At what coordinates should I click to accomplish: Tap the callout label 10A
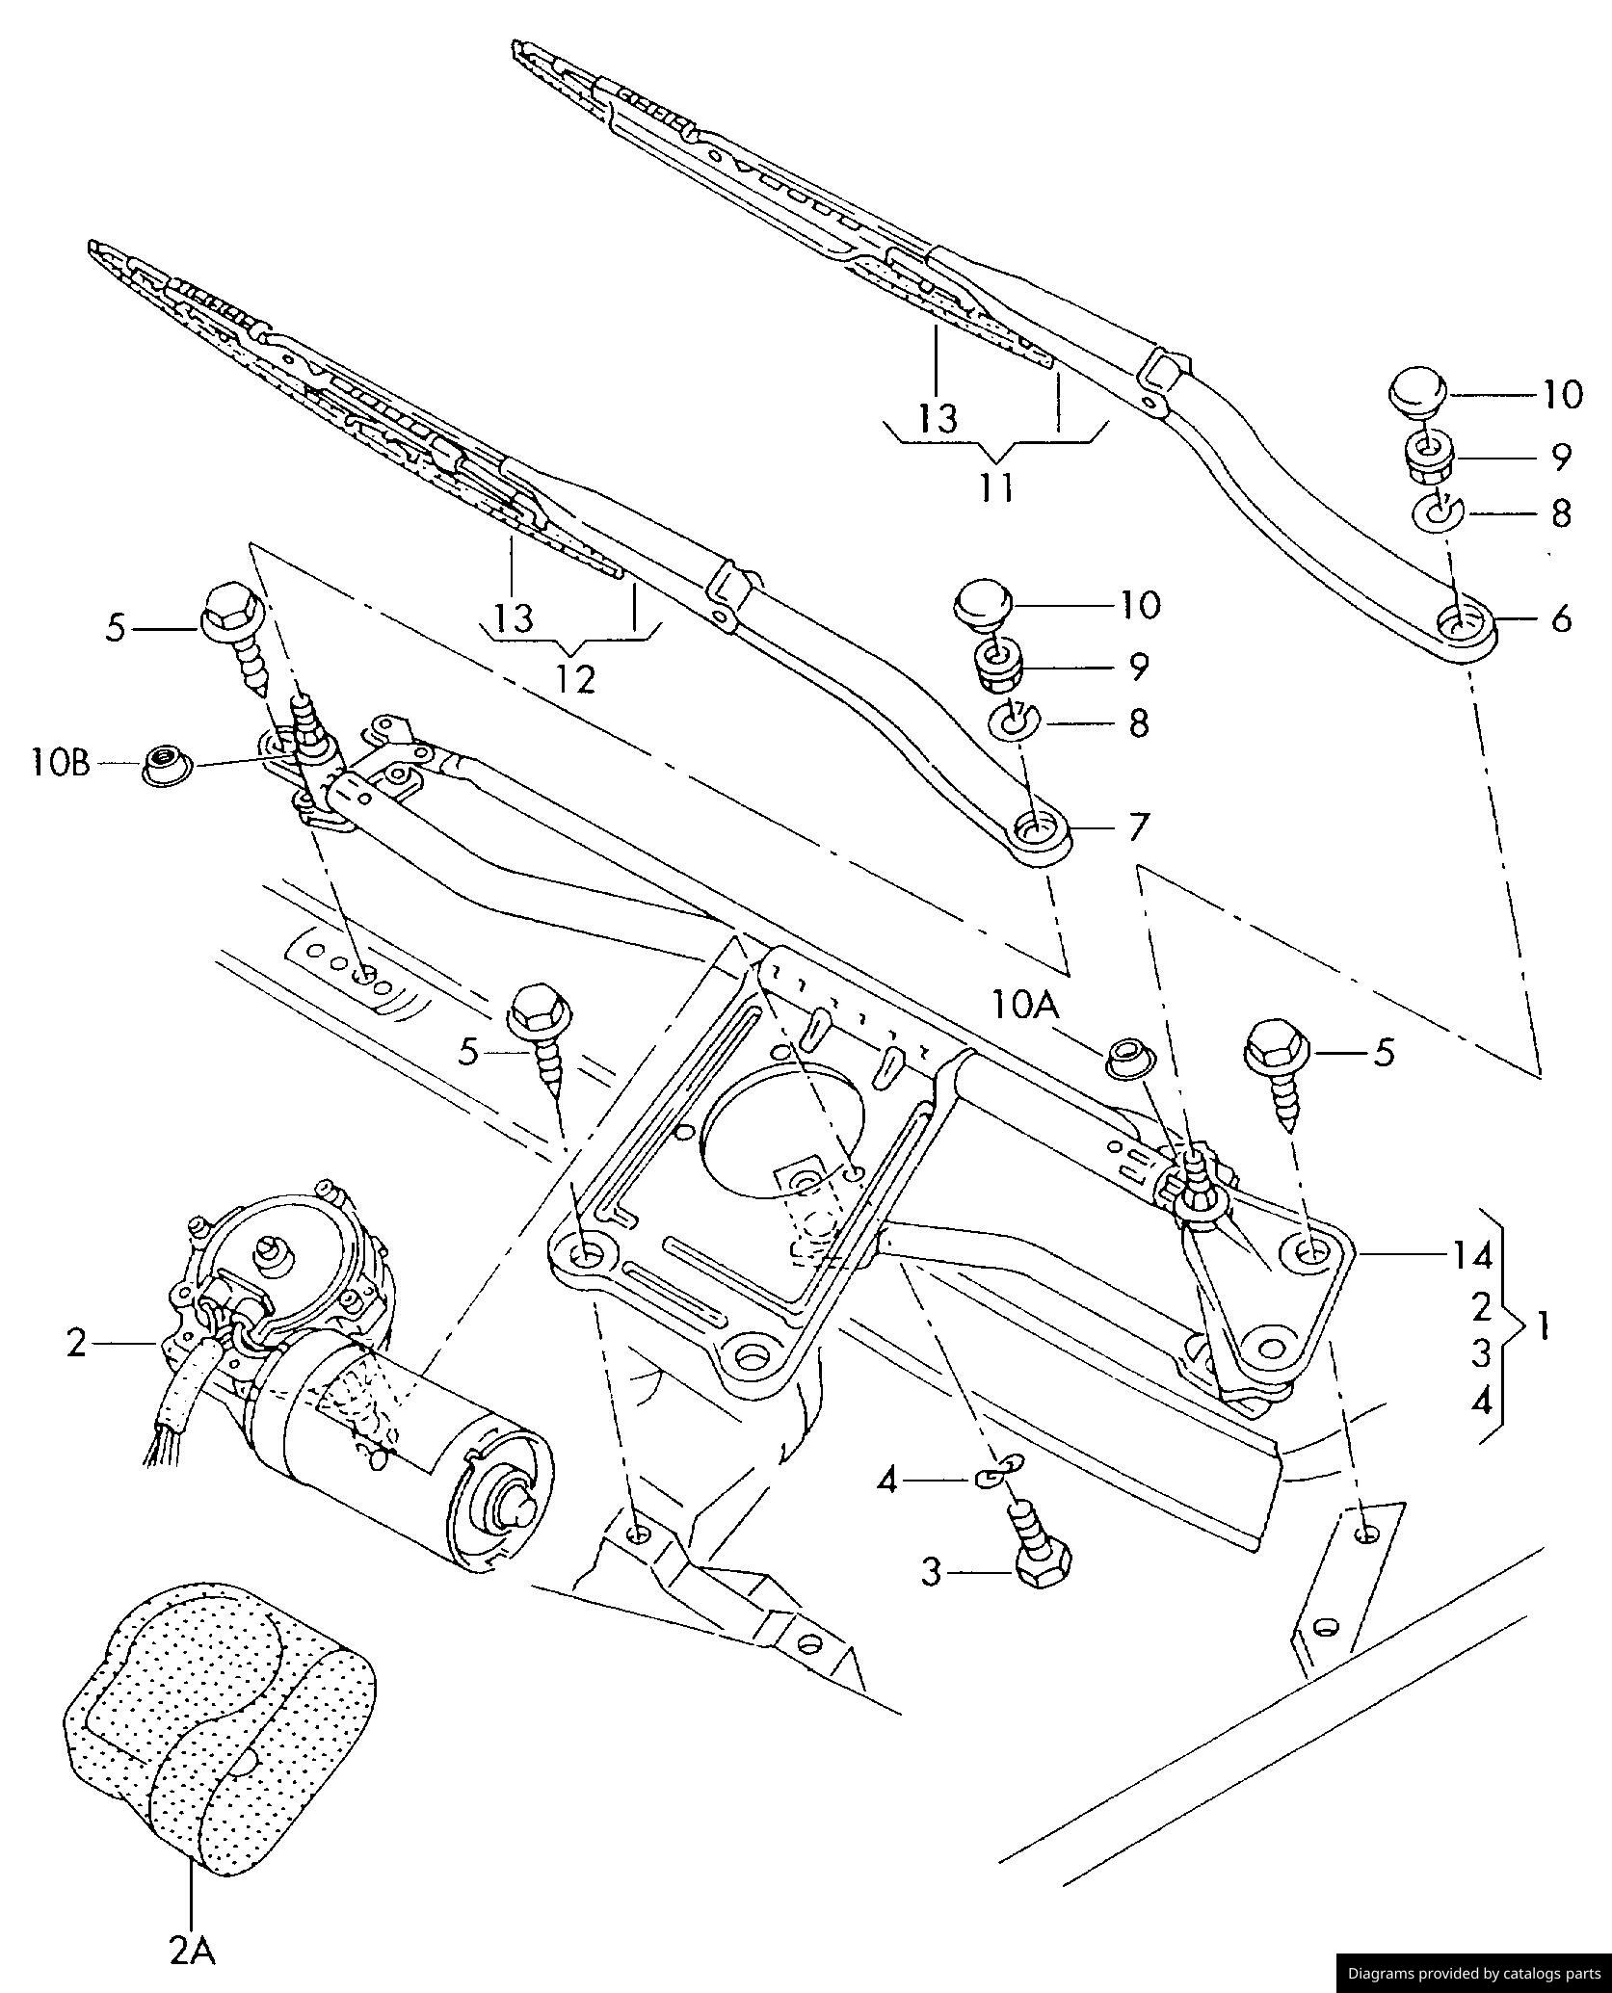[x=1026, y=1008]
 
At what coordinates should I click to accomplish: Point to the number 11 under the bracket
[x=998, y=488]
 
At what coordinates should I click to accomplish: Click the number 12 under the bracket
[x=575, y=679]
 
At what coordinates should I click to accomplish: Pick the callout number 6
[x=1561, y=617]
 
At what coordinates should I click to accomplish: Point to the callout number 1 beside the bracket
[x=1543, y=1329]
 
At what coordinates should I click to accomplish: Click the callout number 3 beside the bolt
[x=931, y=1573]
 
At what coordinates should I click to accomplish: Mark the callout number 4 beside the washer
[x=887, y=1480]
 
